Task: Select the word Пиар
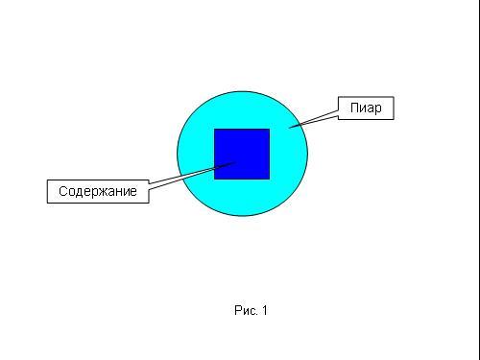pyautogui.click(x=366, y=108)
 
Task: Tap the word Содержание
pyautogui.click(x=98, y=191)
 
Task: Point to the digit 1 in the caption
pyautogui.click(x=264, y=310)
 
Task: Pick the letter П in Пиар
pyautogui.click(x=354, y=108)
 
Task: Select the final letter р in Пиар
pyautogui.click(x=378, y=109)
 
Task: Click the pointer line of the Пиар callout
pyautogui.click(x=314, y=119)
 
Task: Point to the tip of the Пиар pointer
pyautogui.click(x=289, y=128)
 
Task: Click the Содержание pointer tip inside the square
pyautogui.click(x=236, y=161)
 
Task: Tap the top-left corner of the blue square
pyautogui.click(x=214, y=129)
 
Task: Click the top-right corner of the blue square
pyautogui.click(x=270, y=129)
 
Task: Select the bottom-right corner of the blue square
pyautogui.click(x=270, y=180)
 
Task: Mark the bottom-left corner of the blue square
pyautogui.click(x=214, y=180)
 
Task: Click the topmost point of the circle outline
pyautogui.click(x=242, y=91)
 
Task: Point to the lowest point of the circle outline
pyautogui.click(x=242, y=216)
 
